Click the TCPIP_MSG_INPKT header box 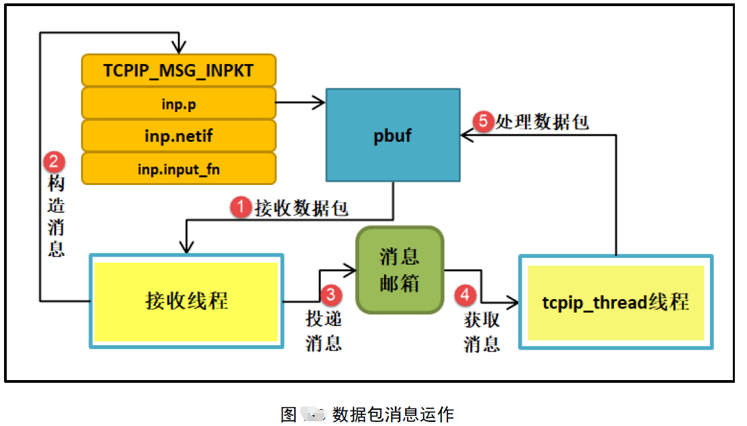coord(178,71)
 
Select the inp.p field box coord(178,104)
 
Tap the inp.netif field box coord(178,136)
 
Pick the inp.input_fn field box coord(178,169)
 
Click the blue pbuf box coord(392,135)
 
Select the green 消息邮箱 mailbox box coord(399,270)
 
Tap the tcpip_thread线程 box coord(615,302)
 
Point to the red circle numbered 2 coord(54,162)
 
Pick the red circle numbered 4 coord(465,294)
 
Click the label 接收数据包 coord(301,208)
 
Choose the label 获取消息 coord(482,331)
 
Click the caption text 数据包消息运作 coord(393,414)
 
